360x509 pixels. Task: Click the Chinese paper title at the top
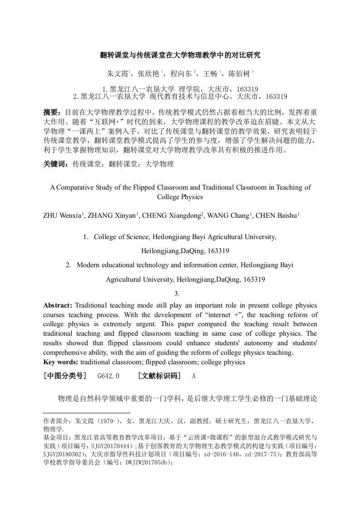180,55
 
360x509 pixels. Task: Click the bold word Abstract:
58,305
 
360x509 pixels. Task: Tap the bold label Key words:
60,362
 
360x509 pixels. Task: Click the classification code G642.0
108,376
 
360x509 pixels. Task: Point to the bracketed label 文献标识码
159,376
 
